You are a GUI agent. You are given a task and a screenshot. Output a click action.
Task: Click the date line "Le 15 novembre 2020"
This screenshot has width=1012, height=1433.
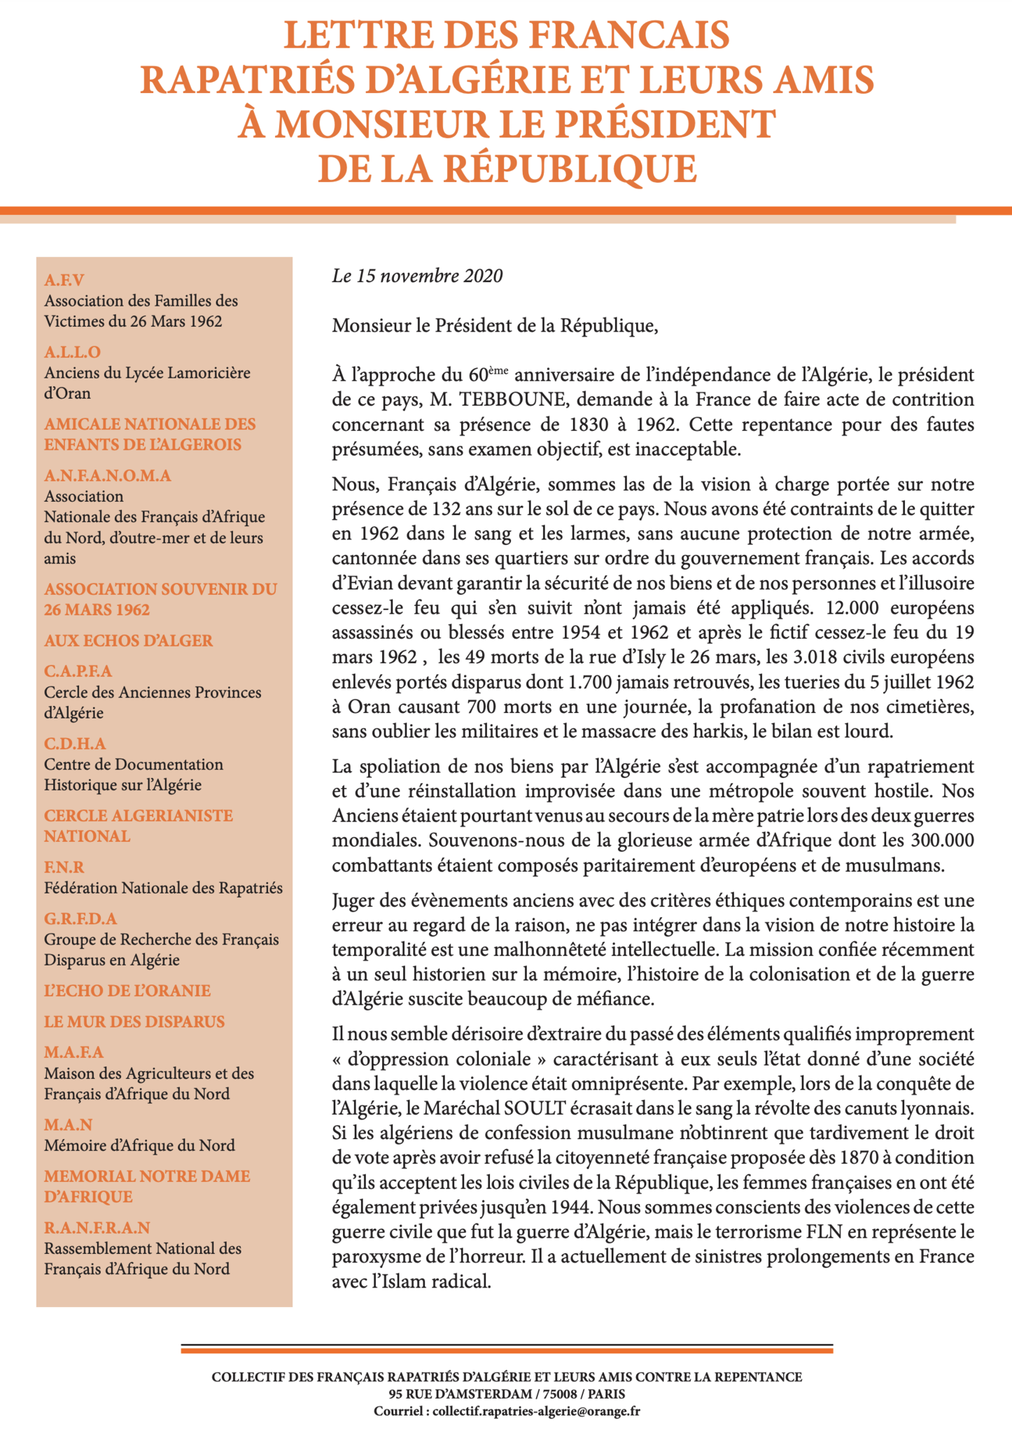click(x=417, y=276)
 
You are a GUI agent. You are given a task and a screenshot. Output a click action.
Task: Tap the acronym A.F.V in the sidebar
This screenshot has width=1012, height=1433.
click(x=64, y=281)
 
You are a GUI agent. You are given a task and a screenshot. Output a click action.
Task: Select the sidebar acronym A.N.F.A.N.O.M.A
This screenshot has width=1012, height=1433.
click(x=107, y=476)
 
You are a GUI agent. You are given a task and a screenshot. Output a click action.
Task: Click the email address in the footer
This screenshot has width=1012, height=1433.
click(x=536, y=1411)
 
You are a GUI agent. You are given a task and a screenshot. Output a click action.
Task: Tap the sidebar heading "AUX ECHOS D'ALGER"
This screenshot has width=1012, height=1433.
click(x=128, y=641)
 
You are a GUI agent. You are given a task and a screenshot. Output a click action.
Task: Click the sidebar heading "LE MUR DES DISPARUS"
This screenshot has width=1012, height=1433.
click(x=134, y=1022)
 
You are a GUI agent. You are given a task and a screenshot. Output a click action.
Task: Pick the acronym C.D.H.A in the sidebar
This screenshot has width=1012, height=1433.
click(x=75, y=744)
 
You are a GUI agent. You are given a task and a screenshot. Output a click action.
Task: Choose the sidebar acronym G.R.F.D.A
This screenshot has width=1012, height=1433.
click(x=80, y=919)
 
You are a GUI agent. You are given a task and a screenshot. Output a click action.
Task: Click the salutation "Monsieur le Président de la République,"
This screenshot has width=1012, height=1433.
click(x=495, y=326)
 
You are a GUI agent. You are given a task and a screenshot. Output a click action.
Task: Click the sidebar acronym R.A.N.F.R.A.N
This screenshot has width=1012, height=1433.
click(x=97, y=1228)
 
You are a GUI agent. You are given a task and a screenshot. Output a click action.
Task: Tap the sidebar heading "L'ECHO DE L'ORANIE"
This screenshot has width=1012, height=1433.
click(x=127, y=991)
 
